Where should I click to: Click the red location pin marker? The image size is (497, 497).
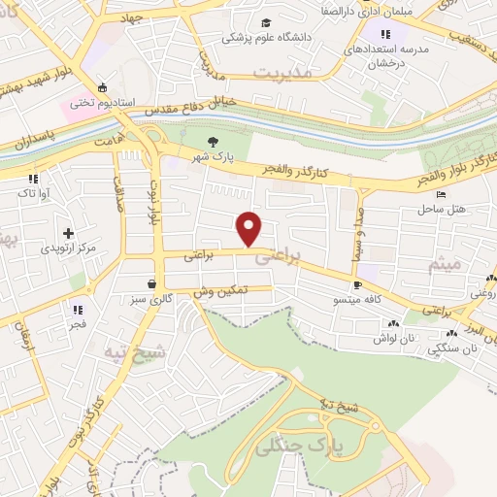250,228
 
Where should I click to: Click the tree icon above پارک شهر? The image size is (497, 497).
214,143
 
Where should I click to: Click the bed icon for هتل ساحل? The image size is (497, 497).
442,194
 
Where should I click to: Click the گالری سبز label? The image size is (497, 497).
152,299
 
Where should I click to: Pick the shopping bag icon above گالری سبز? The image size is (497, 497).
151,283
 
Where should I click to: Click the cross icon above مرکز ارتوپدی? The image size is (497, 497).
68,233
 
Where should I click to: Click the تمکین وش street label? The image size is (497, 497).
221,290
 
